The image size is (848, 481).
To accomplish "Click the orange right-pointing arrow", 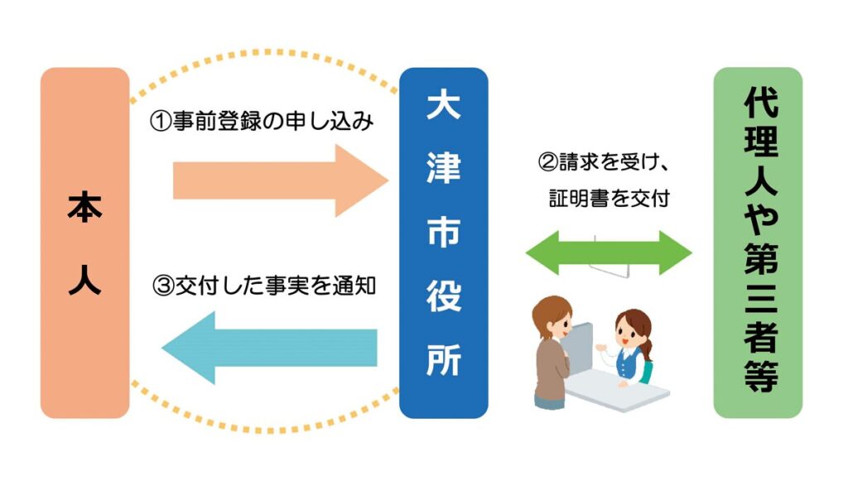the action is pyautogui.click(x=280, y=180).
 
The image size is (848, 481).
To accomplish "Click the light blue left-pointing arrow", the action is pyautogui.click(x=269, y=348).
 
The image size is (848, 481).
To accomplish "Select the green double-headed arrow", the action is pyautogui.click(x=609, y=253).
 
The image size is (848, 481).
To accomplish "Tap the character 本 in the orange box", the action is pyautogui.click(x=85, y=209).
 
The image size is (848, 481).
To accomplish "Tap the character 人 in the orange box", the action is pyautogui.click(x=85, y=280).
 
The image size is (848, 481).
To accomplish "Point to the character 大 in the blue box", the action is pyautogui.click(x=444, y=105).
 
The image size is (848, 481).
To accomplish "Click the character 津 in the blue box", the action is pyautogui.click(x=444, y=168).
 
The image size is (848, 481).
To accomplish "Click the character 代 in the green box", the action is pyautogui.click(x=761, y=102).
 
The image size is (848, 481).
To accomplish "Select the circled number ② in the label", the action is pyautogui.click(x=548, y=162).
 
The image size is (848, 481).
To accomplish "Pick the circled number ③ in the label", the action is pyautogui.click(x=163, y=286).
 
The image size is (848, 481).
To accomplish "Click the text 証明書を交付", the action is pyautogui.click(x=609, y=199).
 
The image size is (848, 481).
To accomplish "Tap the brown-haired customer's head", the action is pyautogui.click(x=552, y=317).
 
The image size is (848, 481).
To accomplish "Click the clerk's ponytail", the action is pyautogui.click(x=647, y=348).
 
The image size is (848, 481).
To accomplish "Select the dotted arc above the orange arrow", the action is pyautogui.click(x=265, y=53).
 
